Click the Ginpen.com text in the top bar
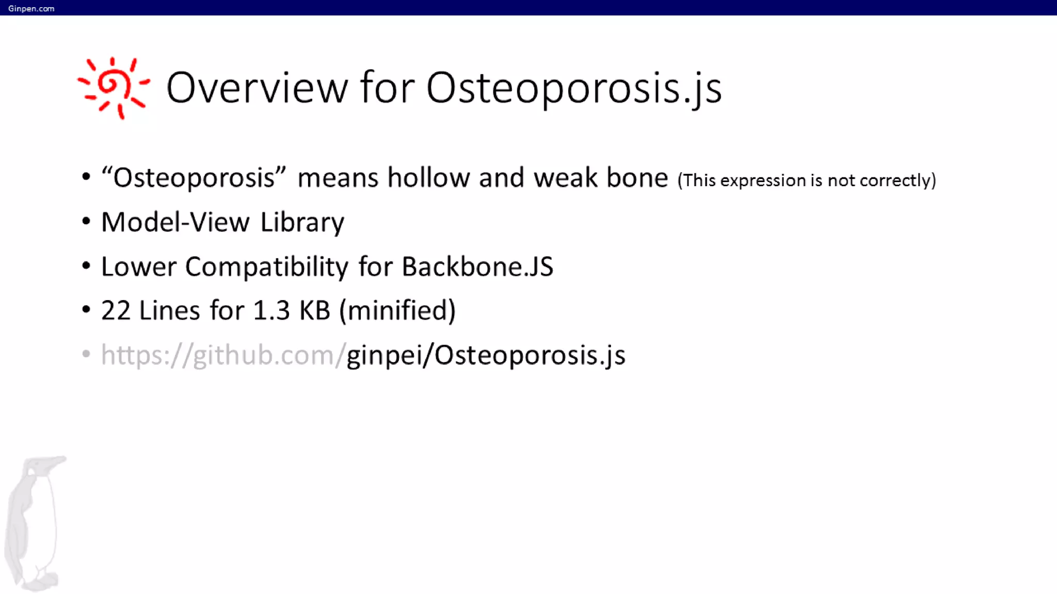[31, 8]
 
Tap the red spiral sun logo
[113, 87]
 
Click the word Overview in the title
[257, 88]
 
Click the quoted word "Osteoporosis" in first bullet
[194, 178]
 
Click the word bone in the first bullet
[637, 178]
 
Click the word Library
[302, 223]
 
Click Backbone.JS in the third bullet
[477, 267]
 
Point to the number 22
[116, 311]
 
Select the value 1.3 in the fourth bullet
[271, 311]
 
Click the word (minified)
[397, 311]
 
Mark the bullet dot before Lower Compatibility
[86, 266]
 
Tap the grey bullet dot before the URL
[86, 354]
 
